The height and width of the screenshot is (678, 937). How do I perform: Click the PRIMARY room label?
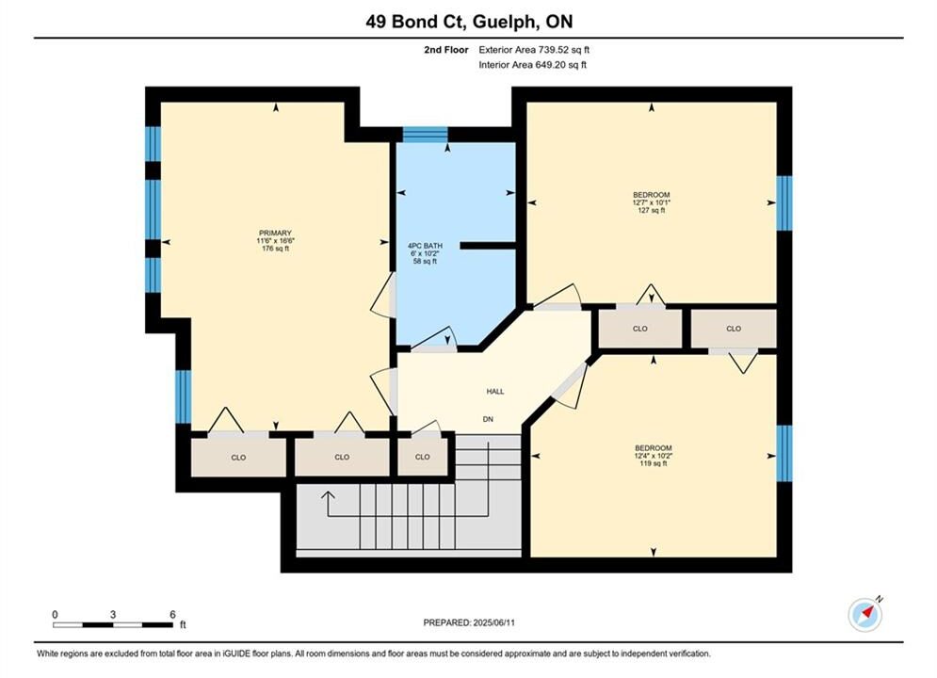click(x=275, y=233)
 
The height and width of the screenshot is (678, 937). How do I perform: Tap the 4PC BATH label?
click(x=425, y=246)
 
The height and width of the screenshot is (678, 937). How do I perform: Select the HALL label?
click(x=494, y=392)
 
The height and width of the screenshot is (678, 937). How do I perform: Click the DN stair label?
click(x=488, y=419)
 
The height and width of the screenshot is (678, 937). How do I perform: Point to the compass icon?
click(x=864, y=614)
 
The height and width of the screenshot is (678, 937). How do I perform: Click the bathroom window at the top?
click(x=425, y=135)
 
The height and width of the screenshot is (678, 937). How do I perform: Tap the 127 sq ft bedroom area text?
click(x=652, y=210)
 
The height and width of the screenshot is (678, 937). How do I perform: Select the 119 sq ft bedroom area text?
click(x=654, y=463)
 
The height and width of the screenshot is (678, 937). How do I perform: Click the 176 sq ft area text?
click(x=275, y=249)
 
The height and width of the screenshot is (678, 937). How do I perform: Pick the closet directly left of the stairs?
click(x=423, y=457)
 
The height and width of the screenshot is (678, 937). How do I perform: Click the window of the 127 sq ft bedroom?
click(x=784, y=203)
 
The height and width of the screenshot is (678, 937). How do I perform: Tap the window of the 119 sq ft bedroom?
click(x=784, y=453)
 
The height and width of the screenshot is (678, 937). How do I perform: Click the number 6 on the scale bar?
click(x=172, y=614)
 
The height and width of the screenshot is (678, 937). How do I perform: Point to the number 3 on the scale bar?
click(x=113, y=614)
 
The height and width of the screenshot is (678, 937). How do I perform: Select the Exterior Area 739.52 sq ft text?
click(x=534, y=50)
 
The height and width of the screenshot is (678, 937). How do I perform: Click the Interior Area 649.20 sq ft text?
click(x=532, y=65)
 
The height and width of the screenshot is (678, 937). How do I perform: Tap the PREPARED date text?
click(x=469, y=622)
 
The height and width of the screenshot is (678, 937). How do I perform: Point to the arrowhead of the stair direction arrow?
click(x=328, y=494)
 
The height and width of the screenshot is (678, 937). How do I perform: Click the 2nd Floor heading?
click(x=446, y=50)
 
